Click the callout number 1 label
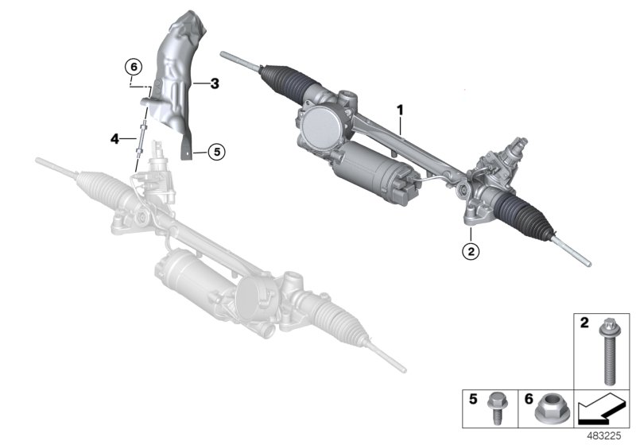tap(401, 107)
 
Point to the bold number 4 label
tap(115, 139)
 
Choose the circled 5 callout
tap(216, 149)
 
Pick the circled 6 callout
tap(134, 66)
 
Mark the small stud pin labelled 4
tap(140, 139)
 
